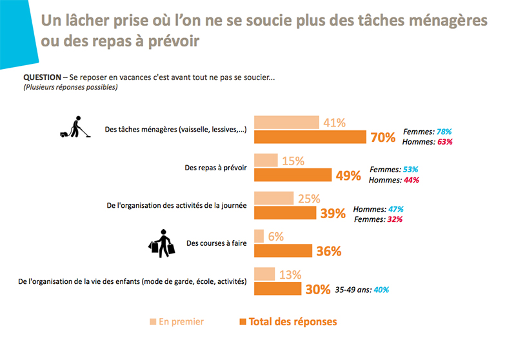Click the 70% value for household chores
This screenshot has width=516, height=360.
tap(381, 137)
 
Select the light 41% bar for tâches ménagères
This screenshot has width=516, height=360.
tap(286, 123)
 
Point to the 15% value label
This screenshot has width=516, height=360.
tap(293, 161)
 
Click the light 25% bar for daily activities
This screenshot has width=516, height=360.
tap(274, 199)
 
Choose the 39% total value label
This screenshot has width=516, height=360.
tap(333, 214)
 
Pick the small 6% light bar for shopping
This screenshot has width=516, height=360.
tap(259, 237)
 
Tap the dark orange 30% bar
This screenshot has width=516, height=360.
tap(278, 289)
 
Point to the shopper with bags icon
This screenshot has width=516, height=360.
tap(162, 242)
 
